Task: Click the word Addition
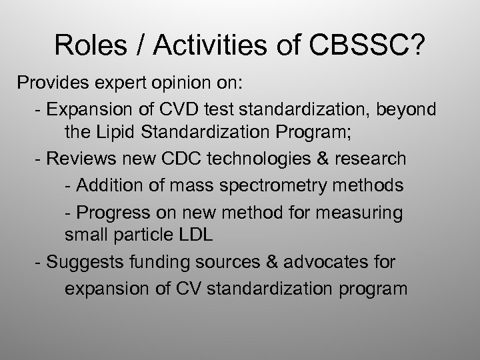pyautogui.click(x=107, y=185)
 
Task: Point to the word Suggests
pyautogui.click(x=83, y=262)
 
